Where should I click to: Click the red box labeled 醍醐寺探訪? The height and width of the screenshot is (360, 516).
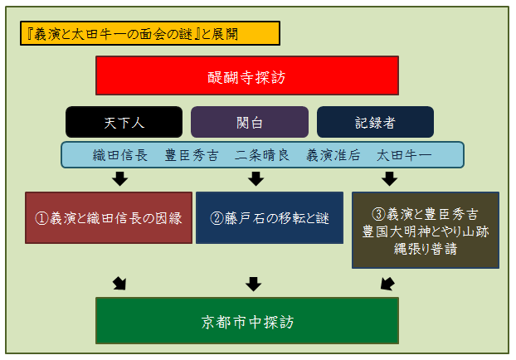247,75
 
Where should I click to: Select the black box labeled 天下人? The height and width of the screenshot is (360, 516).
124,122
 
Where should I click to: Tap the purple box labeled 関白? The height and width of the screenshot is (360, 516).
250,122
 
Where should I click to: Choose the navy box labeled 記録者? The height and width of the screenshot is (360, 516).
375,122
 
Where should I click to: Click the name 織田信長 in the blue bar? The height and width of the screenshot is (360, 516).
120,155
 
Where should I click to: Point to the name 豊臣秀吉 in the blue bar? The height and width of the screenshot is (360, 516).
192,155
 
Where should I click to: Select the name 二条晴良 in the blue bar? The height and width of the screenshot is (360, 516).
262,155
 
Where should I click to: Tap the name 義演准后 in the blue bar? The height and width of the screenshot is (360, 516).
333,155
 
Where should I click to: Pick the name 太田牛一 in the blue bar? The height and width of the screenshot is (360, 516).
404,155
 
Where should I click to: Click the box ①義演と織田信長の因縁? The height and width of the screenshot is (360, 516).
109,218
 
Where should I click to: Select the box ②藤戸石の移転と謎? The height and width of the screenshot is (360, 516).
270,218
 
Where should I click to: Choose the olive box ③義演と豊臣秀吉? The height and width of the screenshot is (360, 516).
426,231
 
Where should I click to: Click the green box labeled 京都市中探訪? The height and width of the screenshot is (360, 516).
247,321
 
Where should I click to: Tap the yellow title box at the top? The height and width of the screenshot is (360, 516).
150,33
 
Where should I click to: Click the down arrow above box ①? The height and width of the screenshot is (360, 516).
119,178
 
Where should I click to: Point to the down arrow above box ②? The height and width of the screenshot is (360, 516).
256,178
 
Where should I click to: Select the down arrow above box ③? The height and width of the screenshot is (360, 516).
390,178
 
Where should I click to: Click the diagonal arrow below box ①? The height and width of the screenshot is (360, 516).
119,284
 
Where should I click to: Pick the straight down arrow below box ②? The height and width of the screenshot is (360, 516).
254,284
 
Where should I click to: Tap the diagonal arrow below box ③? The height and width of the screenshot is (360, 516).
387,284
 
